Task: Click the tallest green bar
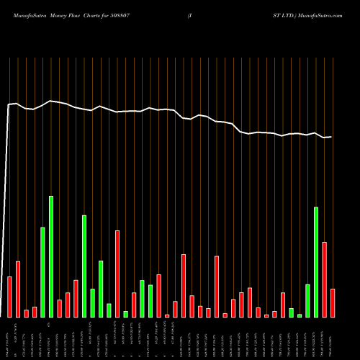(x=51, y=256)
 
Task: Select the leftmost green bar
(x=42, y=272)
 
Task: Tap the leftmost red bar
(x=9, y=297)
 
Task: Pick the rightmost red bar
(x=333, y=302)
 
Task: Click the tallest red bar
(x=117, y=274)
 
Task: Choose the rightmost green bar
(x=316, y=262)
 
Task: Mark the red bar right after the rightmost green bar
(x=324, y=279)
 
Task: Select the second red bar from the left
(x=18, y=289)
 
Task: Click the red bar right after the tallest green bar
(x=59, y=308)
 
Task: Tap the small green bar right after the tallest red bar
(x=125, y=314)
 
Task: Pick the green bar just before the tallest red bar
(x=109, y=310)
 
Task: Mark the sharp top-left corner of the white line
(x=9, y=105)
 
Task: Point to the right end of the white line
(x=332, y=137)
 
